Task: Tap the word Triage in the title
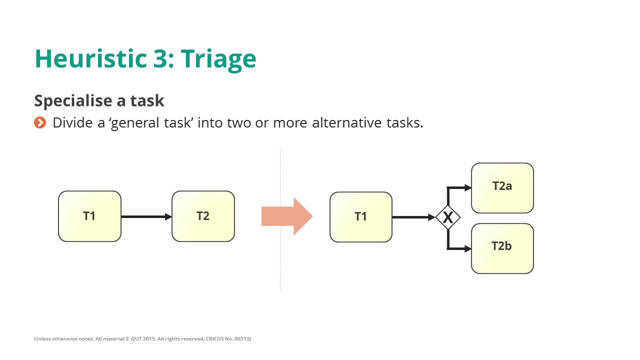click(218, 59)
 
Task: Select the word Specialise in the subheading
click(73, 101)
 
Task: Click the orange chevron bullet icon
click(40, 122)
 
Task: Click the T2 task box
click(203, 216)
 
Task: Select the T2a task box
click(502, 188)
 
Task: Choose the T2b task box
click(502, 248)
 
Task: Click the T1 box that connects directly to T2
click(89, 216)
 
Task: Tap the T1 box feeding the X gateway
click(360, 216)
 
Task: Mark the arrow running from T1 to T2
click(146, 216)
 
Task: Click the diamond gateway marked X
click(447, 217)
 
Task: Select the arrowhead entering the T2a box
click(467, 188)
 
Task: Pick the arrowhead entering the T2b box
click(467, 248)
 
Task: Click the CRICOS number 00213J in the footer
click(240, 339)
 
